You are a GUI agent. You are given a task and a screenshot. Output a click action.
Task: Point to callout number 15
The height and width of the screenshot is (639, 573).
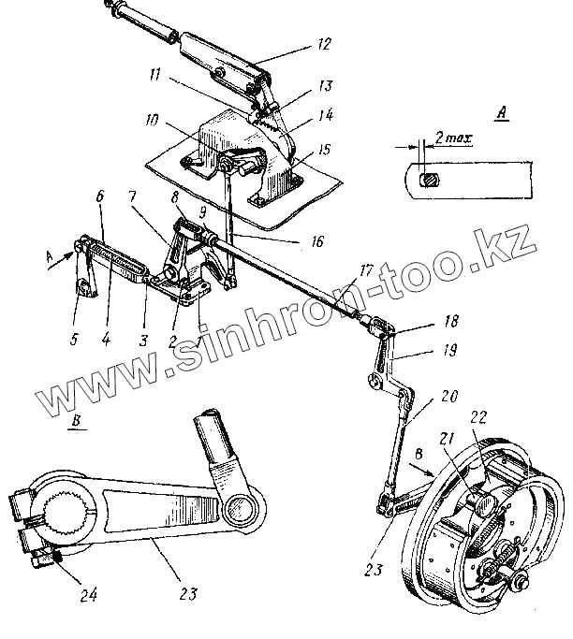(323, 151)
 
